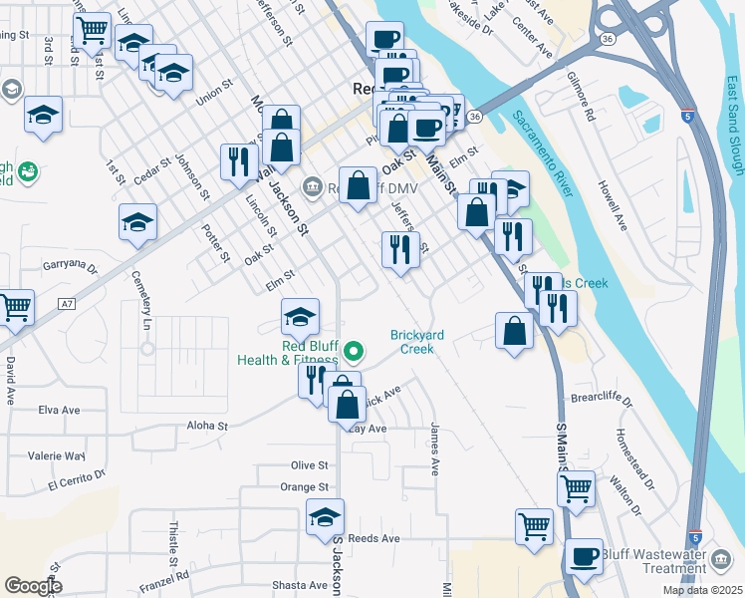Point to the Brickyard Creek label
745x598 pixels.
point(417,342)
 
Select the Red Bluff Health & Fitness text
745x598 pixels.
point(288,353)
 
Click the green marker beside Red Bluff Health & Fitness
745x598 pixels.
point(353,351)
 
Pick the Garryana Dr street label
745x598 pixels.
point(70,267)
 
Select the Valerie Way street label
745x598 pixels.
point(57,455)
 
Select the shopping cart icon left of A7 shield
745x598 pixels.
point(15,308)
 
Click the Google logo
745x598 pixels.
point(33,586)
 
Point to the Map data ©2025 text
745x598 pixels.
point(702,590)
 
